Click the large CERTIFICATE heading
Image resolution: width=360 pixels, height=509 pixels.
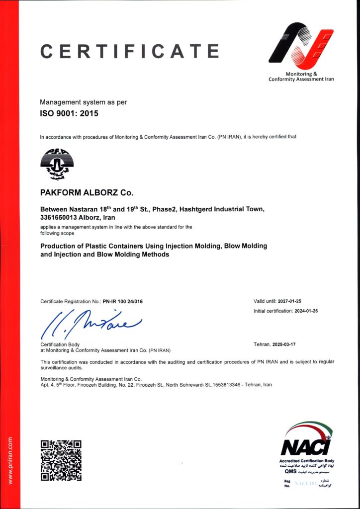pyautogui.click(x=129, y=51)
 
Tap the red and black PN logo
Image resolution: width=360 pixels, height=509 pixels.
pyautogui.click(x=301, y=45)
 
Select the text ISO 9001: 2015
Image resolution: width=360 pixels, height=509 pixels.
pyautogui.click(x=69, y=113)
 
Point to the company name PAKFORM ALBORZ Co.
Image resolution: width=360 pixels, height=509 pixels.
pyautogui.click(x=87, y=192)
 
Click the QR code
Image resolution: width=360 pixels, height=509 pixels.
pyautogui.click(x=61, y=460)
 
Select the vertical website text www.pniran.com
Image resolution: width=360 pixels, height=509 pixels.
pyautogui.click(x=10, y=460)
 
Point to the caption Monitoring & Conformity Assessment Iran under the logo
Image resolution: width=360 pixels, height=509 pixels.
pyautogui.click(x=301, y=77)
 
